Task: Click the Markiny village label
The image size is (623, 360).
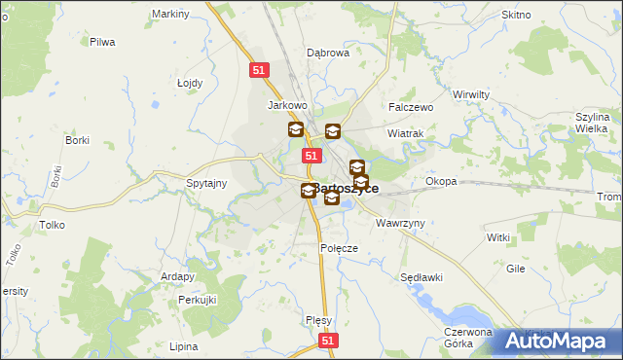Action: tap(171, 15)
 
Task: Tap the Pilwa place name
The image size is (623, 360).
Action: tap(102, 42)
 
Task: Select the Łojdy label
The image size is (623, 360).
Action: tap(190, 83)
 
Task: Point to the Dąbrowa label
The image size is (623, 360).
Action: tap(328, 54)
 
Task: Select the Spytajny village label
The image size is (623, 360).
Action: tap(206, 183)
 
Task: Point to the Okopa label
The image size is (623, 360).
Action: tap(441, 181)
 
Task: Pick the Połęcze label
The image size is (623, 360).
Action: tap(340, 248)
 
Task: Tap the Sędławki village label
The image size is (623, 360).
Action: tap(421, 277)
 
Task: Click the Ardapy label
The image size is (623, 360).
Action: tap(178, 276)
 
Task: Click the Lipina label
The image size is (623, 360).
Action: tap(183, 346)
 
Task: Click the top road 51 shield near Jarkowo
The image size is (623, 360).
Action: tap(258, 70)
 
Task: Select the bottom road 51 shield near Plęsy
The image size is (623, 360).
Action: tap(329, 341)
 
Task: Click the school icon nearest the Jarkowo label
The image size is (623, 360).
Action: tap(295, 129)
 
